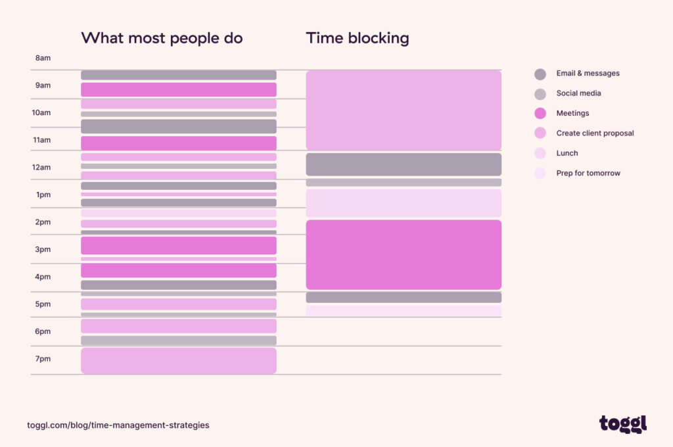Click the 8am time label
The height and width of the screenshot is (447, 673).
(43, 58)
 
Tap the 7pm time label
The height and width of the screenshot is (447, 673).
(43, 358)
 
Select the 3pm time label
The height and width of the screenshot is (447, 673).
(43, 249)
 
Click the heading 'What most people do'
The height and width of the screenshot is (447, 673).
(162, 38)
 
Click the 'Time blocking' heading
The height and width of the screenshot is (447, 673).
(358, 38)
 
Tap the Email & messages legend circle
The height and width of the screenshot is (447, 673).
(540, 74)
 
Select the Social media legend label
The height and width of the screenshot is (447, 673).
(578, 93)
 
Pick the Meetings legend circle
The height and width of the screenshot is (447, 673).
(540, 113)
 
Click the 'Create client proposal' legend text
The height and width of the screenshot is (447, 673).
(595, 133)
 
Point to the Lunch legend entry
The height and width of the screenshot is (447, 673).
(567, 153)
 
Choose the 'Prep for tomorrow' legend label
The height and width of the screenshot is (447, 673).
(588, 173)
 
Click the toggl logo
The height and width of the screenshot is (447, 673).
(622, 424)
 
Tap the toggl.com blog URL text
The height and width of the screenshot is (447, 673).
(118, 425)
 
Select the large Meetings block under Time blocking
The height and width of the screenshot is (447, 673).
(404, 254)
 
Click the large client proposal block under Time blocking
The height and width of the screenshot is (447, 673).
(404, 110)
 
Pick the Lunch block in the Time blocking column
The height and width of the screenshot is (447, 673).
(404, 203)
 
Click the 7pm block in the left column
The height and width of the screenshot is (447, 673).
(178, 361)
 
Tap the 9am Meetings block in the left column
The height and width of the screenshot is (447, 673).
(178, 89)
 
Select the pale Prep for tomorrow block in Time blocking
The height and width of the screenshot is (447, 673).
(404, 310)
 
